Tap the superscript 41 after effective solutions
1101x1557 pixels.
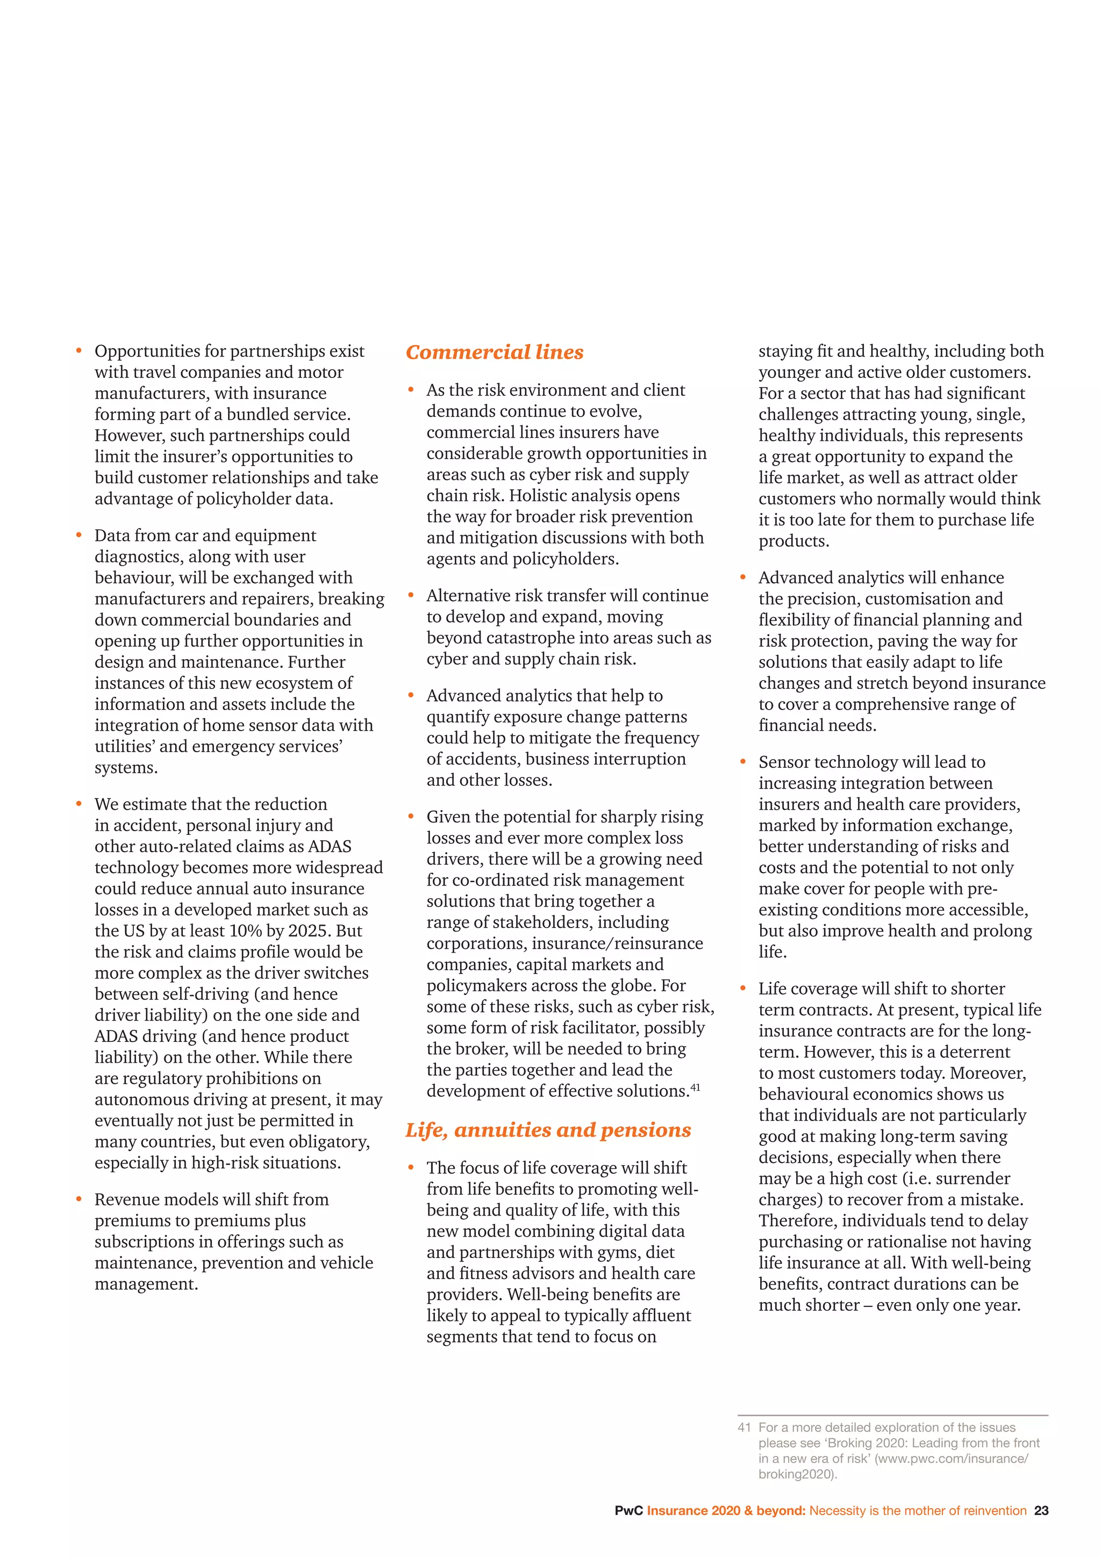coord(696,1088)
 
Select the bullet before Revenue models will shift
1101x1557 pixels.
coord(80,1199)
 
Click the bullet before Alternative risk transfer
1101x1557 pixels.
coord(411,595)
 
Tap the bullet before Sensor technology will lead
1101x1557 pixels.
coord(743,762)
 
